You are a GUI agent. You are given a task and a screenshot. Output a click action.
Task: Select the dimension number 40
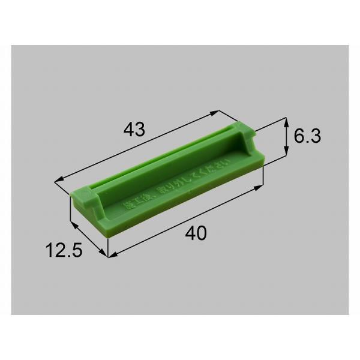pos(195,235)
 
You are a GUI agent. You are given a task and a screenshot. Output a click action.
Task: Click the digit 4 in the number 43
pos(128,129)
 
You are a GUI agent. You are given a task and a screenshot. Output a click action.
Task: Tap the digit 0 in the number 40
pos(200,235)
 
